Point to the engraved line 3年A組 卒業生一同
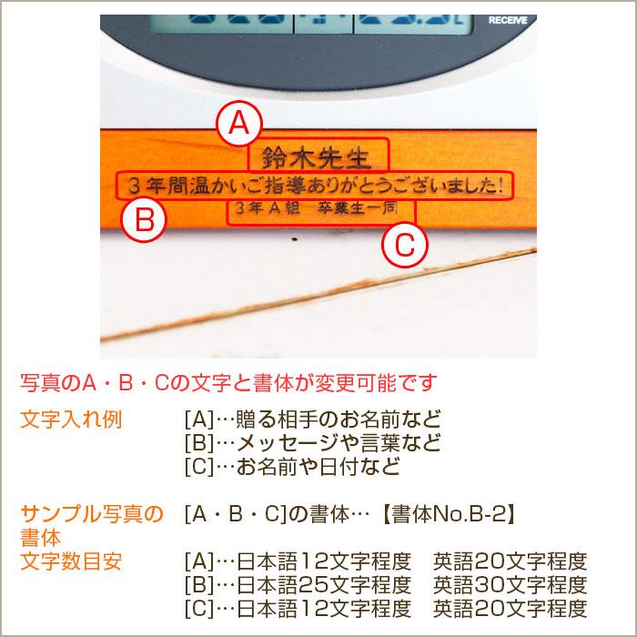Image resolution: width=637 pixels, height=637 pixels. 314,208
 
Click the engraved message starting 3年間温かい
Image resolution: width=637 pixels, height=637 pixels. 314,185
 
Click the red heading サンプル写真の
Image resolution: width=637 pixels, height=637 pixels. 91,514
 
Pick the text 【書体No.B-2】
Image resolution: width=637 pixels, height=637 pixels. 450,514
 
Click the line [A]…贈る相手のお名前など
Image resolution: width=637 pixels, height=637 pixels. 312,420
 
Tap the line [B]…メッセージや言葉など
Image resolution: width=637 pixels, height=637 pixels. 312,443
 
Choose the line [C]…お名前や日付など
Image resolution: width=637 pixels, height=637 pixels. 291,467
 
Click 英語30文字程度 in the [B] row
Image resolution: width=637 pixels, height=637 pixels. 511,583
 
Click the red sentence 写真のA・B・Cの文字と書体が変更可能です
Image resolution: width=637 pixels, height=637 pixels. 228,380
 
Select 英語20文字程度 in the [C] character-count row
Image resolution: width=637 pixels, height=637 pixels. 511,607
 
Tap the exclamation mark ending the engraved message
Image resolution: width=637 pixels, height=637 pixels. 501,185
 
